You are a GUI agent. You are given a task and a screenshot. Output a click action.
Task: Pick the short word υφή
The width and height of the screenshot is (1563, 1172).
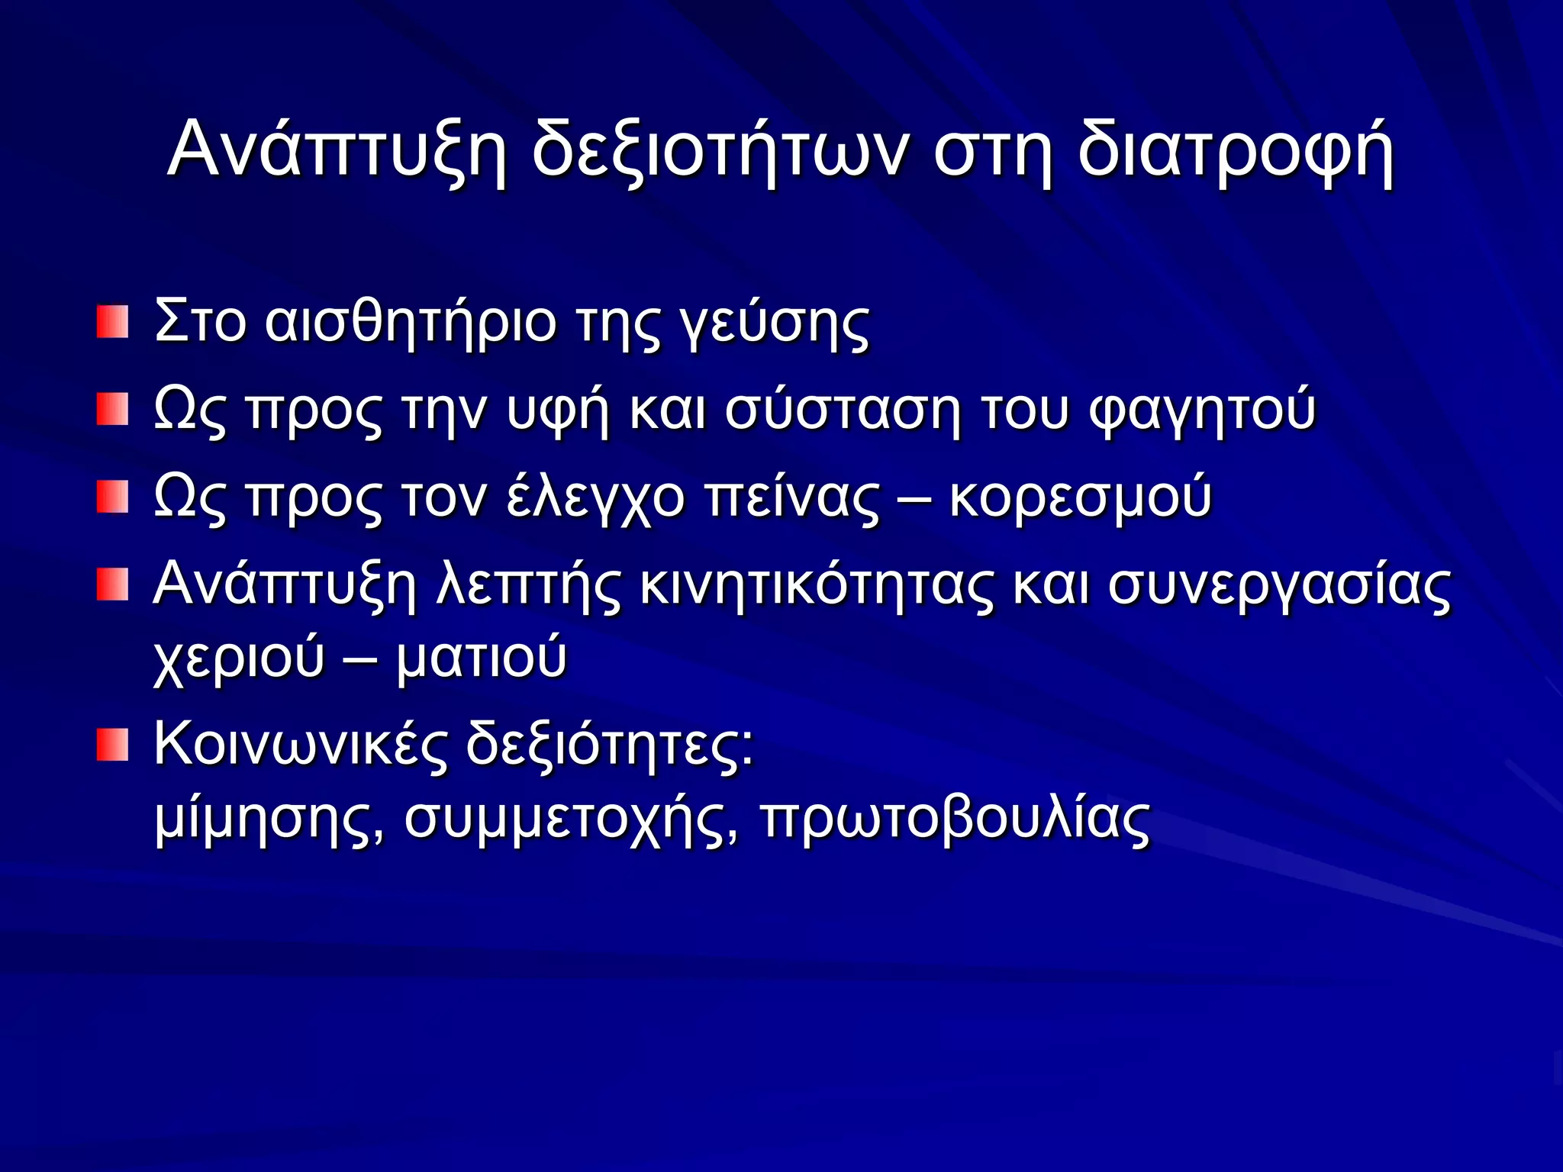(558, 411)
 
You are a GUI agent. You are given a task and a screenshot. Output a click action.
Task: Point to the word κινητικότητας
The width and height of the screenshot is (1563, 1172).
(817, 586)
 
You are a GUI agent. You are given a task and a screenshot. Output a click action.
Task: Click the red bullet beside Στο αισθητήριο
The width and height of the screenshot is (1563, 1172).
(112, 322)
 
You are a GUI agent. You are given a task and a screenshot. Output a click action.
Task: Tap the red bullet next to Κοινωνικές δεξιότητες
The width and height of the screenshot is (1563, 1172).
(112, 745)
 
